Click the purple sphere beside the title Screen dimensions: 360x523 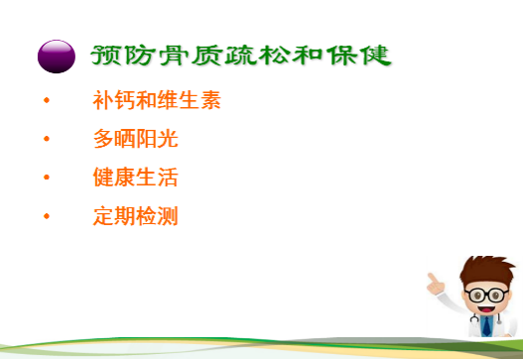56,56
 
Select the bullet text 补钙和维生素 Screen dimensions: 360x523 156,101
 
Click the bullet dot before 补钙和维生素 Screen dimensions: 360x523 46,102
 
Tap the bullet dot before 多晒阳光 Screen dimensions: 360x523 46,140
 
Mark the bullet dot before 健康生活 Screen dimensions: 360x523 46,179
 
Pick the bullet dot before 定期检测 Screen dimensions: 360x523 46,216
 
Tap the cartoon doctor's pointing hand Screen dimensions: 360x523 434,279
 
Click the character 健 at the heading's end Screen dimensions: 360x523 375,55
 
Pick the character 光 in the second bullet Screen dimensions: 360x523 168,140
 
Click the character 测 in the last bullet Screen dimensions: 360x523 168,216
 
